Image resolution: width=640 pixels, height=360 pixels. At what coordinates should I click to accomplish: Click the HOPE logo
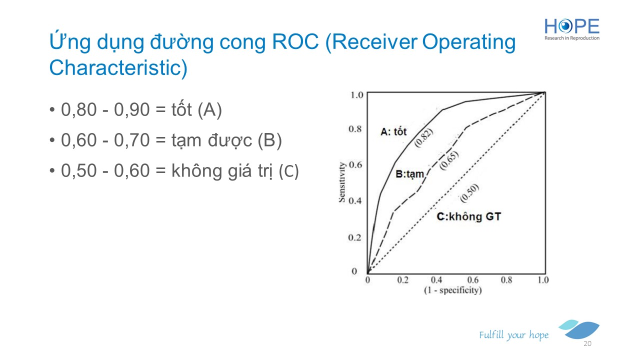pos(571,29)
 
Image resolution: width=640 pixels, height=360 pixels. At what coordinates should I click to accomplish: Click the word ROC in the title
pos(295,42)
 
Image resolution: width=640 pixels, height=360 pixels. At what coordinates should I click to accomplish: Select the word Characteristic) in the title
pos(118,67)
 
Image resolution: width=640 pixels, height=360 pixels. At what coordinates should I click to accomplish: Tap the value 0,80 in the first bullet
pos(79,109)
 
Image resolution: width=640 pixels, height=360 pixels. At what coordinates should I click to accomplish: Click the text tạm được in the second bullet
pos(211,140)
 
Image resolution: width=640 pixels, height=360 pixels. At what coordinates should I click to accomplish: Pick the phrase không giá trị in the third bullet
pos(222,171)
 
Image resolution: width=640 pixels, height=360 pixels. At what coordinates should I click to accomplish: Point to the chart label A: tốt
pos(393,131)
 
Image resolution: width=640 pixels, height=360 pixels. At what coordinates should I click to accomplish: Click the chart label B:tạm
pos(409,174)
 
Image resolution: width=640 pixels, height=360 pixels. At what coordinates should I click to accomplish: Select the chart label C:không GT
pos(469,216)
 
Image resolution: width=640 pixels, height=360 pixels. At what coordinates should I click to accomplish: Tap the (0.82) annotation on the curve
pos(423,137)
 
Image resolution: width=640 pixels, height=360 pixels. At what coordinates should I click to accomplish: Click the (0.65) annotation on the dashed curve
pos(449,160)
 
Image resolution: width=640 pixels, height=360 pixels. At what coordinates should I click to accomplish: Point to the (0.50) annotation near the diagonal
pos(469,193)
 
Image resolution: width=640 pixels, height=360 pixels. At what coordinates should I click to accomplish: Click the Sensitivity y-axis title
pos(342,182)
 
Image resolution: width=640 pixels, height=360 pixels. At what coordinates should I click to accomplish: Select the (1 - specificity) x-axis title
pos(453,290)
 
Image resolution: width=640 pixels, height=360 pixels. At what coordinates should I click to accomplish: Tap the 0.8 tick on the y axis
pos(355,129)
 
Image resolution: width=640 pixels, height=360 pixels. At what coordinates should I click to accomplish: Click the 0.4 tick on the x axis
pos(436,279)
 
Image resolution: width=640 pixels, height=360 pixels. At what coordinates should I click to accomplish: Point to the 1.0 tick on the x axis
pos(543,279)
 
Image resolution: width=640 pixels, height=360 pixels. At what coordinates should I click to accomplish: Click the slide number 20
pos(587,343)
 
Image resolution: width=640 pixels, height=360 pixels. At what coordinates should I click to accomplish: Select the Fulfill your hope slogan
pos(513,335)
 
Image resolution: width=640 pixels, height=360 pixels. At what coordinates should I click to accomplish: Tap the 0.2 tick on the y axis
pos(354,237)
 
